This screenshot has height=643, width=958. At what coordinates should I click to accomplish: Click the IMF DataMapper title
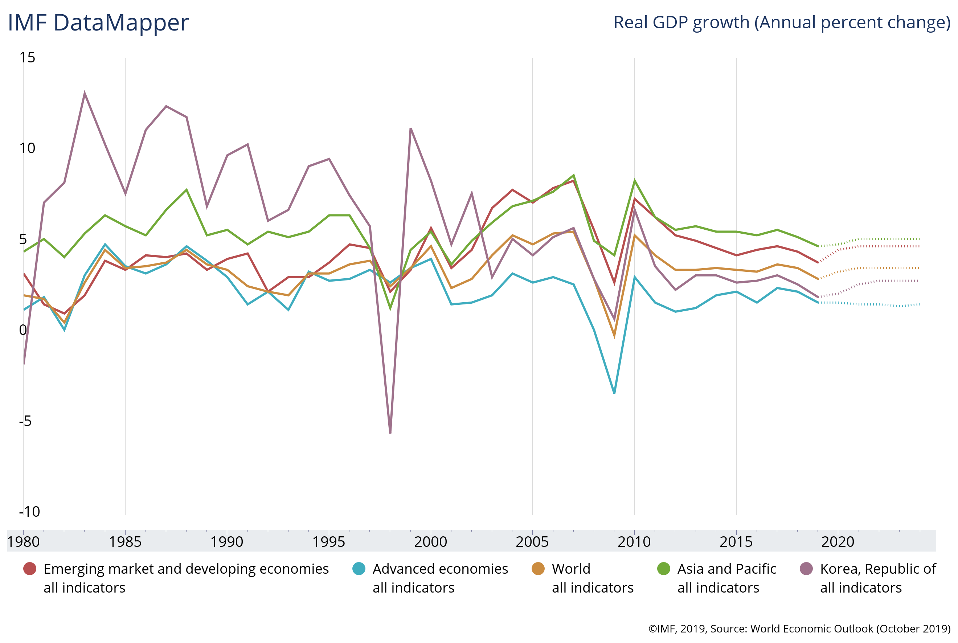[98, 22]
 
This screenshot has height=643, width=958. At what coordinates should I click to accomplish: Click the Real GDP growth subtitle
[782, 22]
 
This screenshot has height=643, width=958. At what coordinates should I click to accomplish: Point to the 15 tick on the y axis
[27, 57]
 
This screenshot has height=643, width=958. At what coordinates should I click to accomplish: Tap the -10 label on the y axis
[29, 512]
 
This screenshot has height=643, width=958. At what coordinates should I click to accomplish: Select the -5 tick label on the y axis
[25, 421]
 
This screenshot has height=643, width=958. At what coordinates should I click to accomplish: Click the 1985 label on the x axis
[125, 542]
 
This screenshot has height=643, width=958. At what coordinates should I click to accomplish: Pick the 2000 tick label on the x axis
[431, 542]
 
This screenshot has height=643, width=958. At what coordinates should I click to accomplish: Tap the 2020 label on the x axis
[838, 542]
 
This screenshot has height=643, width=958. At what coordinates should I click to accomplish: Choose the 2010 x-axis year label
[634, 542]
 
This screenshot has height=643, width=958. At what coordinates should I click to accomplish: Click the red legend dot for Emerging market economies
[29, 569]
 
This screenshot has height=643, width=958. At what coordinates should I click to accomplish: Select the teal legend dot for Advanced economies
[359, 569]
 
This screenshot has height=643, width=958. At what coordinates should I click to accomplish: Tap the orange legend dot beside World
[538, 569]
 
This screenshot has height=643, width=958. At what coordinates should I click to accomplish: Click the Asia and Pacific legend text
[727, 569]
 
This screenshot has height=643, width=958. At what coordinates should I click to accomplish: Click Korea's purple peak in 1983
[85, 93]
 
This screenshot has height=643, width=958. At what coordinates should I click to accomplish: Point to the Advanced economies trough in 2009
[614, 393]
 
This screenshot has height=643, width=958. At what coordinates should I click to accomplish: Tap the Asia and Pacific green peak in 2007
[574, 176]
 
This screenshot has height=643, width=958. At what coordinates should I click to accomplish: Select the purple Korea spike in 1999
[410, 129]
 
